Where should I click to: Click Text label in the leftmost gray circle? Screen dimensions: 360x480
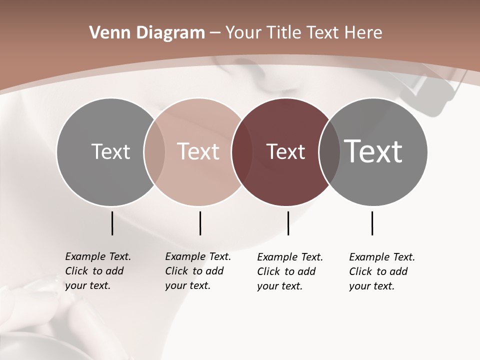pos(110,151)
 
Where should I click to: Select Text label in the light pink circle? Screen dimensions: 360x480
pos(198,151)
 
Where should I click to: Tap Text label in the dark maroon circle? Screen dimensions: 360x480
pos(285,152)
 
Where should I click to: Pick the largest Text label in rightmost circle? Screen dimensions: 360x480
pos(373,151)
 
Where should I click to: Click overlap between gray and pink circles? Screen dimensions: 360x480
pos(154,152)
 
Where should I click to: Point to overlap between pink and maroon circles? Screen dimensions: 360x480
pos(241,152)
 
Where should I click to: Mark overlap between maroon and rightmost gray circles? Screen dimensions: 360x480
pos(329,152)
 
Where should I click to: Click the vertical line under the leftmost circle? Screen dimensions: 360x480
pos(112,223)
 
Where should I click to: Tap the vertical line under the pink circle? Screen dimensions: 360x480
pos(200,223)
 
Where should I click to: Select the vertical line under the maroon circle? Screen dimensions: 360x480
pos(288,223)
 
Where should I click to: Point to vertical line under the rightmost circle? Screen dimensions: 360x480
pos(372,223)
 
